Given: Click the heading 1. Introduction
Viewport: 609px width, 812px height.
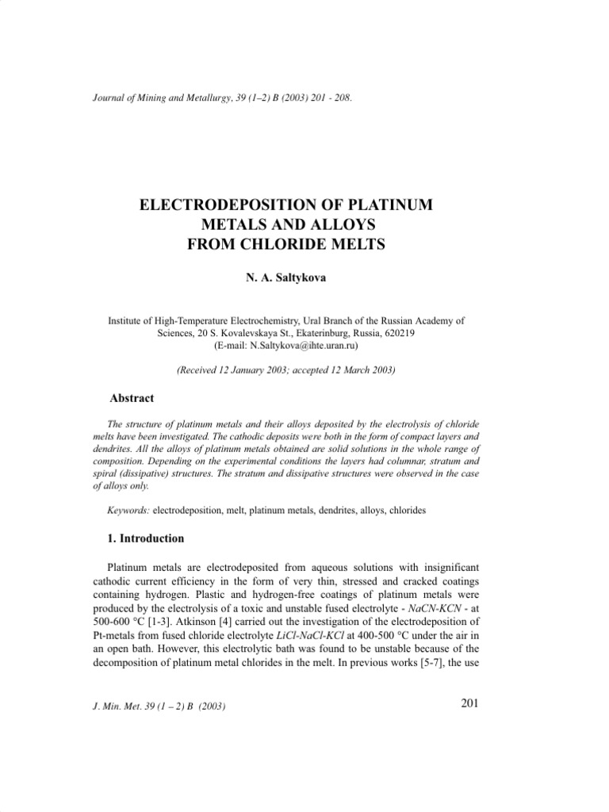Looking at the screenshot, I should [146, 538].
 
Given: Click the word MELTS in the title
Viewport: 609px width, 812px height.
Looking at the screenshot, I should [353, 244].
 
